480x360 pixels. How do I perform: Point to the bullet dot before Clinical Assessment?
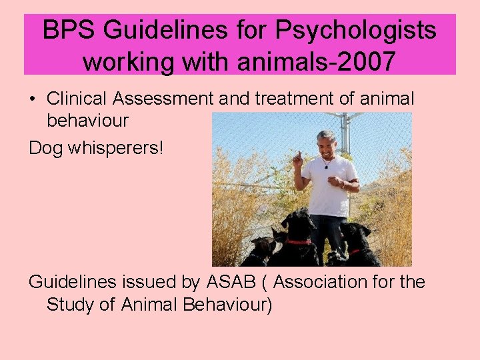pyautogui.click(x=32, y=100)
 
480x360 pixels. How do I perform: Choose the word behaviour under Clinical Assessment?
pyautogui.click(x=87, y=121)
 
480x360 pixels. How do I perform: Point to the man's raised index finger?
pyautogui.click(x=297, y=155)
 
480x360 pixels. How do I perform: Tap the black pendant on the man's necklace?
pyautogui.click(x=326, y=166)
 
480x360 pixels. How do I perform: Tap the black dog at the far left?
pyautogui.click(x=261, y=251)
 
